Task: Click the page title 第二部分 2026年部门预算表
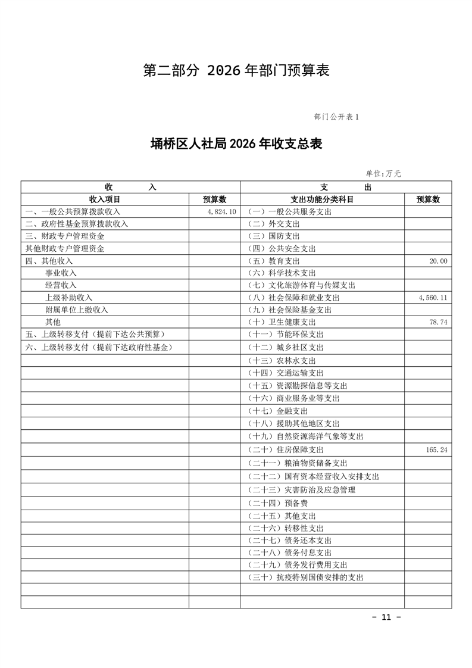(x=236, y=70)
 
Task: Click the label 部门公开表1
(x=336, y=117)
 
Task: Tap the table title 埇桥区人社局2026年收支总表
(x=236, y=143)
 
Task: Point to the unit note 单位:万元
(x=383, y=174)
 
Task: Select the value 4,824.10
(x=222, y=211)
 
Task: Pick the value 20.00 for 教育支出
(x=437, y=261)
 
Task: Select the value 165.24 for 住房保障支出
(x=436, y=450)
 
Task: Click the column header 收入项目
(x=105, y=199)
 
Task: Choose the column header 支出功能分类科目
(x=322, y=199)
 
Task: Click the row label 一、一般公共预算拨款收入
(x=73, y=211)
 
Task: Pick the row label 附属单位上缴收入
(x=77, y=310)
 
